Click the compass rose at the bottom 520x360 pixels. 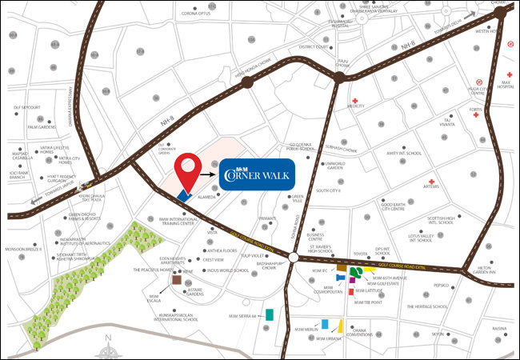[x=108, y=349]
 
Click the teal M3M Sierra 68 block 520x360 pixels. [x=270, y=314]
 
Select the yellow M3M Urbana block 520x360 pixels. [x=341, y=326]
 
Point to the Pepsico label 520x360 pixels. [x=441, y=285]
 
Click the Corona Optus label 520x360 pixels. [x=195, y=14]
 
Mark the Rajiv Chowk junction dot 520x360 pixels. [x=339, y=77]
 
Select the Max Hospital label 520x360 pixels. [x=504, y=86]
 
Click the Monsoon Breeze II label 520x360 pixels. [x=22, y=250]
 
